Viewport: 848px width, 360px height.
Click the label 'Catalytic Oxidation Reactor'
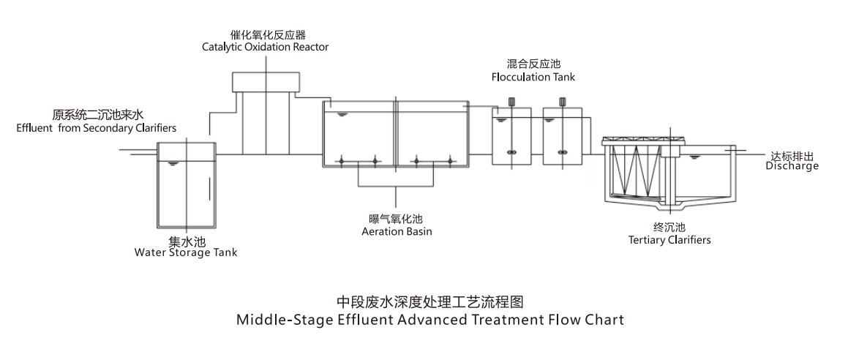tap(266, 47)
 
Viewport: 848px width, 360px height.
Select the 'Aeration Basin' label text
tap(397, 232)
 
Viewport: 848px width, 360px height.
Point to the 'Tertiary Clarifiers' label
tap(669, 239)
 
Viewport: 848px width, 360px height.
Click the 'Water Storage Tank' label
tap(186, 253)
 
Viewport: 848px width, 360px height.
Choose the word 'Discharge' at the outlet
tap(792, 166)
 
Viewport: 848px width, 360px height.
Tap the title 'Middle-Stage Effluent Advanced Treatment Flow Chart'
tap(430, 320)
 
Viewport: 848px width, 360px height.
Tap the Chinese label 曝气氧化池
tap(397, 220)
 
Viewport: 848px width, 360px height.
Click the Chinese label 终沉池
tap(669, 227)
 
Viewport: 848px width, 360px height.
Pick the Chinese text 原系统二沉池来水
tap(95, 116)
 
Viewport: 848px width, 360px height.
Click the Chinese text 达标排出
tap(793, 156)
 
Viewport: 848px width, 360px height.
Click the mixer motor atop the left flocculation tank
tap(511, 102)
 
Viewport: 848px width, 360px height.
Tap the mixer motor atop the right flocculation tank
tap(563, 102)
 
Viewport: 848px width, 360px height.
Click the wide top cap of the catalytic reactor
tap(266, 81)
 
